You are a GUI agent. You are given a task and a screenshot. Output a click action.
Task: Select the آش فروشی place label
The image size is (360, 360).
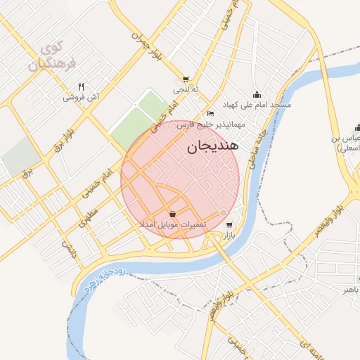[x=82, y=97]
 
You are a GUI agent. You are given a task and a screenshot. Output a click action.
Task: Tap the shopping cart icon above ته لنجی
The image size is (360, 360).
[x=186, y=79]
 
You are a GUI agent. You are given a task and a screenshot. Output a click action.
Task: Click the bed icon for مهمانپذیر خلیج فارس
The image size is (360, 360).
[x=211, y=114]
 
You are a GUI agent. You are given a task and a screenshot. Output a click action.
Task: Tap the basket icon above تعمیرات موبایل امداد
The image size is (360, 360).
[x=173, y=214]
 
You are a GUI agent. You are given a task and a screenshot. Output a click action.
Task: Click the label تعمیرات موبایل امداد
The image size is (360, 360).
[x=173, y=224]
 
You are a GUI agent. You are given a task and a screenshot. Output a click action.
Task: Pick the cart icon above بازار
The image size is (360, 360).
[x=229, y=225]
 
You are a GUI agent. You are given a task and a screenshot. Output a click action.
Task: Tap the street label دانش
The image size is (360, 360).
[x=68, y=247]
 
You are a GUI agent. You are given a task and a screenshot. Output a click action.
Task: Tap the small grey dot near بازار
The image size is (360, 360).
[x=224, y=212]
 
